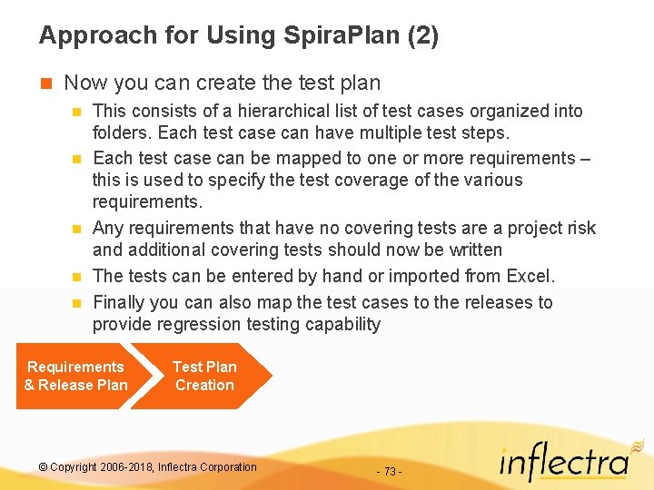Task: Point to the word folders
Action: click(122, 133)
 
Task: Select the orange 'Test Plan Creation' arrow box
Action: click(204, 376)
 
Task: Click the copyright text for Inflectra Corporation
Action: click(148, 467)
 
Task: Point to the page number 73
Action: click(390, 472)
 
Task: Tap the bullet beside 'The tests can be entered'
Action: click(76, 277)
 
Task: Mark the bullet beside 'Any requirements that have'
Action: click(76, 229)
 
